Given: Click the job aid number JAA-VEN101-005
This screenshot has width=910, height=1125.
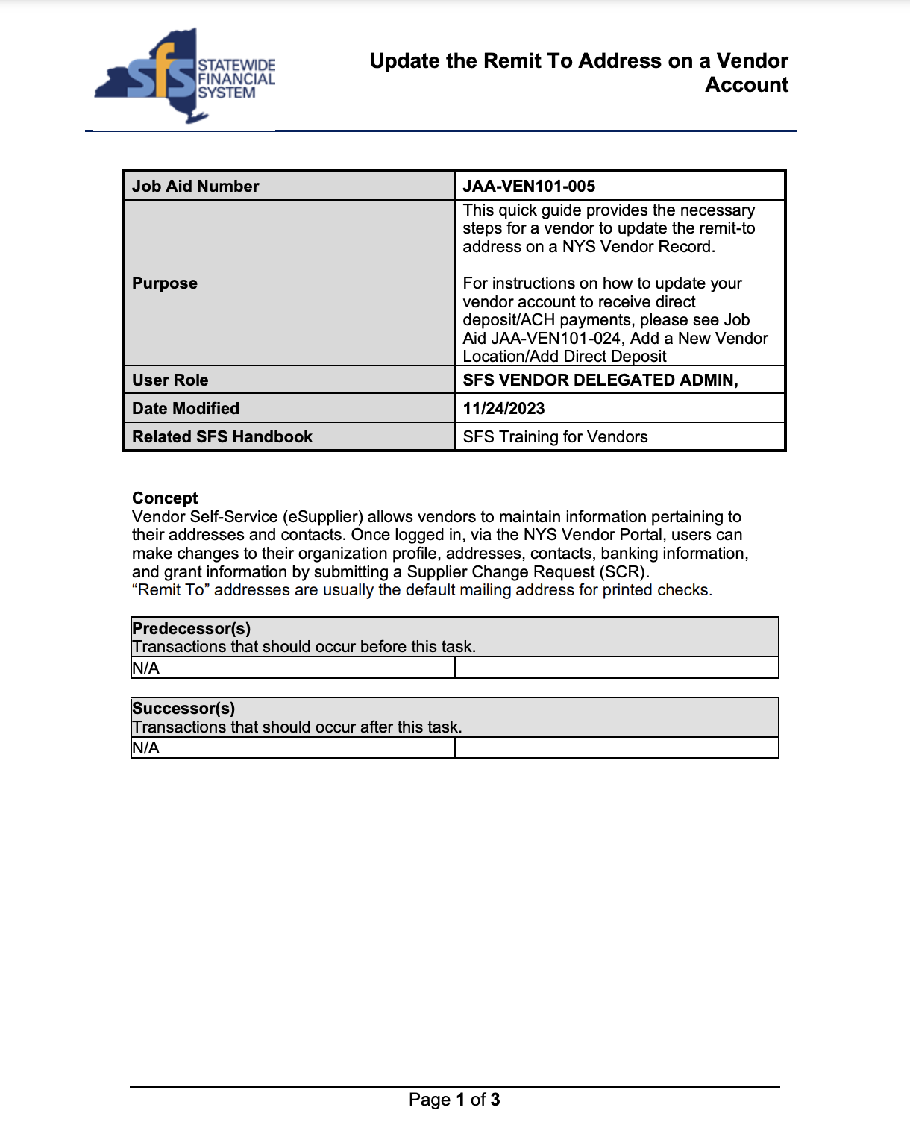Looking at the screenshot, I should (529, 187).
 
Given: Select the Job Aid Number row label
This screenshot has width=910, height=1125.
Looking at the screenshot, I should (195, 187).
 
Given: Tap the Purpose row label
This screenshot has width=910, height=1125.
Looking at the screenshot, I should (165, 283).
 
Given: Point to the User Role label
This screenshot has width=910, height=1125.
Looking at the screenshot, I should (170, 380).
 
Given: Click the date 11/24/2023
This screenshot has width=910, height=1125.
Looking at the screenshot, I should (503, 409).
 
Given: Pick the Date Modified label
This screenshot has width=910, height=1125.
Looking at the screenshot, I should (186, 409).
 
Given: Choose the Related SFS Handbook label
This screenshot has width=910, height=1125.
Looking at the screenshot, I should (222, 437).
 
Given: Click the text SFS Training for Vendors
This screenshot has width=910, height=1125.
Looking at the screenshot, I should (555, 437).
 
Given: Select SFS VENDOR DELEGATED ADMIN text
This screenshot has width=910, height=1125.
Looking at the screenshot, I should (600, 380).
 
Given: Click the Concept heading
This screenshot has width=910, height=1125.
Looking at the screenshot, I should (165, 498).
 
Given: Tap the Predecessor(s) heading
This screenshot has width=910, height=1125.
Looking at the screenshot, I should (191, 629).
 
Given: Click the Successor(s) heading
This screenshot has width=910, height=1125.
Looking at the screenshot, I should (183, 709).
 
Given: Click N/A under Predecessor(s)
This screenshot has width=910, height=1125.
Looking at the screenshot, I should (146, 668).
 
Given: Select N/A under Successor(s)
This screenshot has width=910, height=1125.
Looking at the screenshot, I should (146, 748).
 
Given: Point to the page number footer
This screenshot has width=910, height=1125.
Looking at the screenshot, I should (454, 1100).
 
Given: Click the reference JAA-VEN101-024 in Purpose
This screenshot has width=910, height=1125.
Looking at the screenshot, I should (556, 339).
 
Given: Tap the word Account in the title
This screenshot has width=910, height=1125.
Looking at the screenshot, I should (747, 85).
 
